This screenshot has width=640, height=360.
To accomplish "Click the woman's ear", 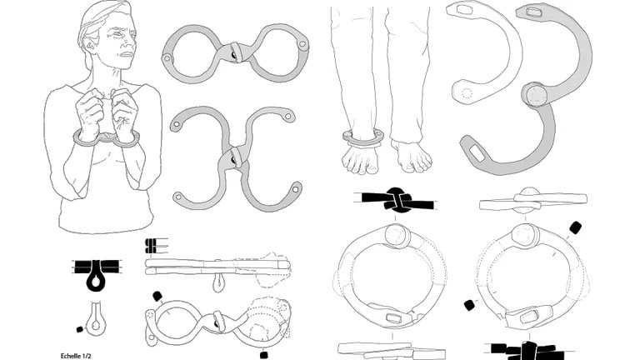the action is [89, 44].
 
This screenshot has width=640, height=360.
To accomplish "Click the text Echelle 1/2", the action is [76, 356].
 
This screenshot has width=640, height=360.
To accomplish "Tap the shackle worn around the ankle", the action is [362, 137].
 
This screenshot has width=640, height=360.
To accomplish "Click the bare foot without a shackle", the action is [411, 156].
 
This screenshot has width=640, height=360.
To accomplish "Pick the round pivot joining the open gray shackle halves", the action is [536, 95].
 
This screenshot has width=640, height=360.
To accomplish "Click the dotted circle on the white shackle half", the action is [467, 93].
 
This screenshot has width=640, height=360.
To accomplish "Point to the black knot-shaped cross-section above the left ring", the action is [396, 200].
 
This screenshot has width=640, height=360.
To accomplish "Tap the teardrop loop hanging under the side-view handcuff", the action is [219, 282].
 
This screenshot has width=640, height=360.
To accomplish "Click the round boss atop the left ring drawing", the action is [396, 236].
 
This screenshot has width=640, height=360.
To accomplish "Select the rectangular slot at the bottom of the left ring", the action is [393, 318].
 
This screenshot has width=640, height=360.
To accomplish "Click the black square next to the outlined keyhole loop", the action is [80, 329].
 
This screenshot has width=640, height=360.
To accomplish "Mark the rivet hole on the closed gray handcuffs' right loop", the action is [302, 43].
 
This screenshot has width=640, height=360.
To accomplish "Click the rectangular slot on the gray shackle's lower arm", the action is [477, 153].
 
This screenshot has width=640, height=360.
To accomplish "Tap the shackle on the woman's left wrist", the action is [126, 140].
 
